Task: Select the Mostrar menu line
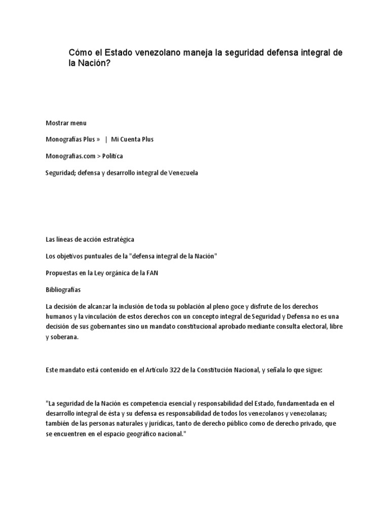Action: tap(66, 123)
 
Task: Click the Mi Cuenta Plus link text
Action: tap(132, 139)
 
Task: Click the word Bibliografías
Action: tap(63, 290)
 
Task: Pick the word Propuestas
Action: tap(62, 273)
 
